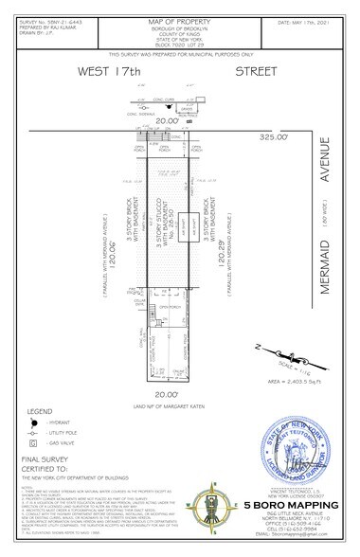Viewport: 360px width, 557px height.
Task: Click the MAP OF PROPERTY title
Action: point(180,10)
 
